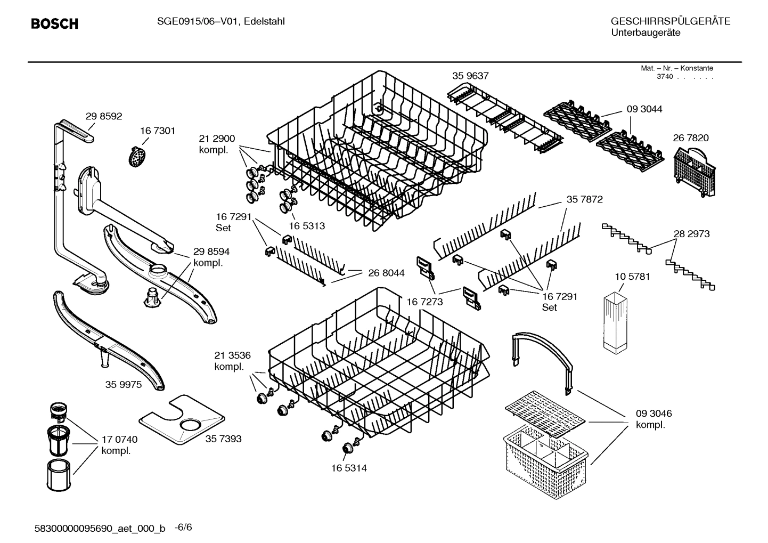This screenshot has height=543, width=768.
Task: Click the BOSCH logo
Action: coord(54,23)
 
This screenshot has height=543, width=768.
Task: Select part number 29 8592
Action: coord(104,116)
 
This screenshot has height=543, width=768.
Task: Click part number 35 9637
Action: coord(470,76)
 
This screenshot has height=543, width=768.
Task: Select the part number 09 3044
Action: coord(644,109)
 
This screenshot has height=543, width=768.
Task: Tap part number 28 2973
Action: coord(691,234)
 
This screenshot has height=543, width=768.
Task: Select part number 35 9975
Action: coord(124,384)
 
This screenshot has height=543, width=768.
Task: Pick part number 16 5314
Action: coord(348,468)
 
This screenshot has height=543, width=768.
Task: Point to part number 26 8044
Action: coord(386,273)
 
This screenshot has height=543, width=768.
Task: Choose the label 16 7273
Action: coord(424,302)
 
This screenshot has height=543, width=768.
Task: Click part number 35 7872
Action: coord(584,199)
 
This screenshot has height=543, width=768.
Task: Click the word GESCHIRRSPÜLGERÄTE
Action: coord(670,21)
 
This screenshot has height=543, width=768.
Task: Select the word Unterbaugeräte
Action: coord(645,33)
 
